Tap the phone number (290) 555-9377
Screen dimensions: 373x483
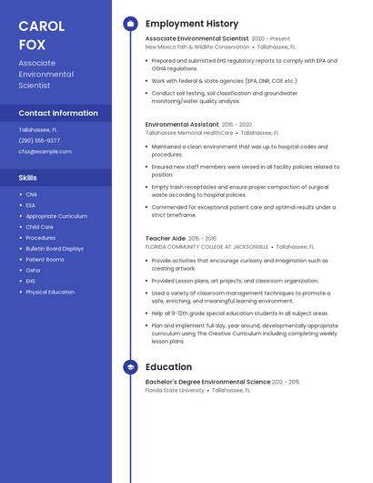39,140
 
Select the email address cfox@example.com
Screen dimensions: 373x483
45,151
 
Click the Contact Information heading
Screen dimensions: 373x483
58,113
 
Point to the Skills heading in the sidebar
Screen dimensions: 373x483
28,178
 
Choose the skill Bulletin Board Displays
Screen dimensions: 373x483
55,249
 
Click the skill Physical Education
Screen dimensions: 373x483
50,293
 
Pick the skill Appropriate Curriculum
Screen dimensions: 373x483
56,216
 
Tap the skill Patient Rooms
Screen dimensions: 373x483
45,260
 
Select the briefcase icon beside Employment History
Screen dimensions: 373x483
130,24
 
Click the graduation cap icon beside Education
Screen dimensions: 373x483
130,367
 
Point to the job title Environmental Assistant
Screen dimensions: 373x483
182,124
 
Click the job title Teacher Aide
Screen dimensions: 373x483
166,238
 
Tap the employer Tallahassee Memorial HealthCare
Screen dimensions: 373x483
189,132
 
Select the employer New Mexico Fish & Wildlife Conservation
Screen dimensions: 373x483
197,46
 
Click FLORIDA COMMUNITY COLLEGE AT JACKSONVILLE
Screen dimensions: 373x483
207,246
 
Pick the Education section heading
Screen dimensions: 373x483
168,367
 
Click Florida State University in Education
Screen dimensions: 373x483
175,390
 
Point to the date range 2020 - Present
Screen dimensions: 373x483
271,39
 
